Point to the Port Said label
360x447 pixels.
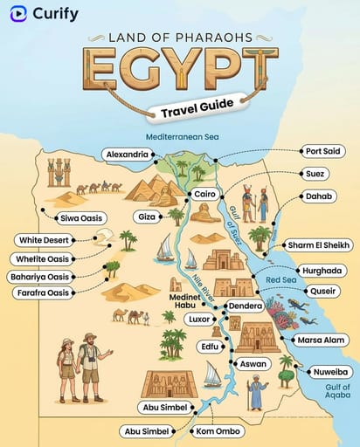point(322,151)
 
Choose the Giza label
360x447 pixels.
point(147,216)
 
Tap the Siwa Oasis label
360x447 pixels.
point(80,218)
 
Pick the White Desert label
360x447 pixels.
point(44,240)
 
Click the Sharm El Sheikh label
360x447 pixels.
point(319,244)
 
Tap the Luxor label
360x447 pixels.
point(199,320)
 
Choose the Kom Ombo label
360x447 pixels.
point(218,431)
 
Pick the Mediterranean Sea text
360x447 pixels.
point(183,137)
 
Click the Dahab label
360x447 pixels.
point(318,196)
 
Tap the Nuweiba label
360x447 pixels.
point(329,372)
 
